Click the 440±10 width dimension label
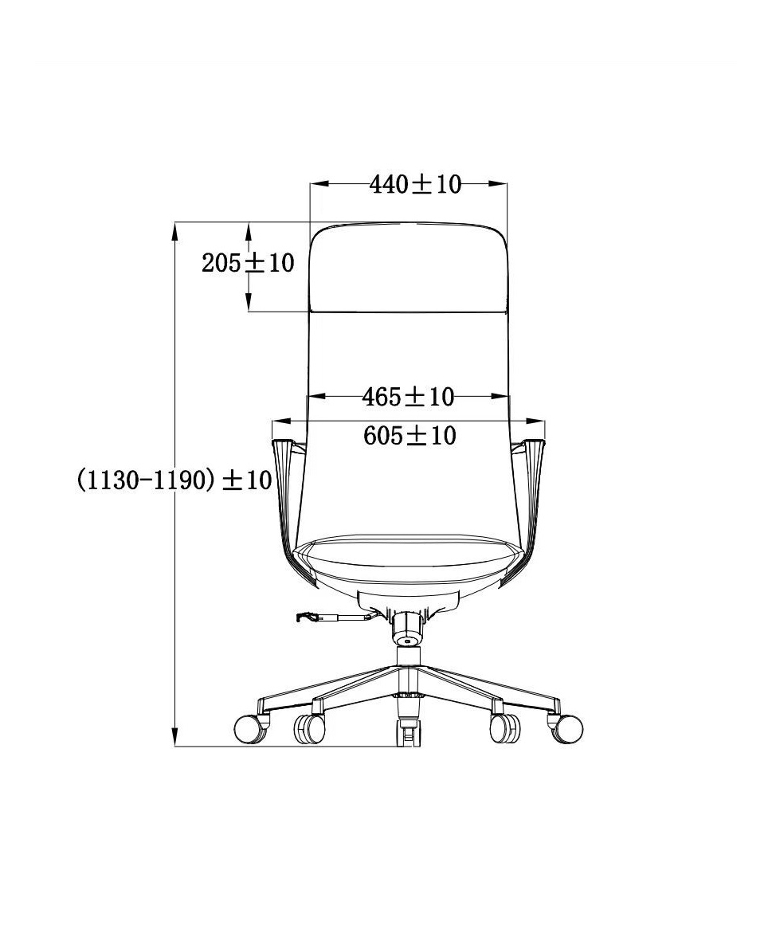[x=415, y=185]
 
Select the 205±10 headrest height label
[x=248, y=263]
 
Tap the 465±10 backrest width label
[x=408, y=397]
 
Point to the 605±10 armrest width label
[x=410, y=436]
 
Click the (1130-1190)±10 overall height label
[x=174, y=480]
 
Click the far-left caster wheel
[x=250, y=728]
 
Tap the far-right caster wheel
[x=566, y=728]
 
